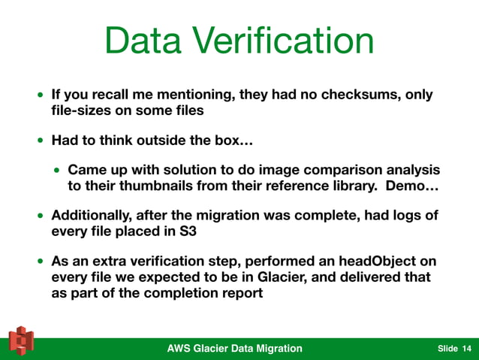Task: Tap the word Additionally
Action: pos(94,216)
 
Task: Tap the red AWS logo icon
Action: pos(22,341)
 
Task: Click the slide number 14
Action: pos(467,348)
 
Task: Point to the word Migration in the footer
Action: pos(275,348)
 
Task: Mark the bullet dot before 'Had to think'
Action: pos(41,141)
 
